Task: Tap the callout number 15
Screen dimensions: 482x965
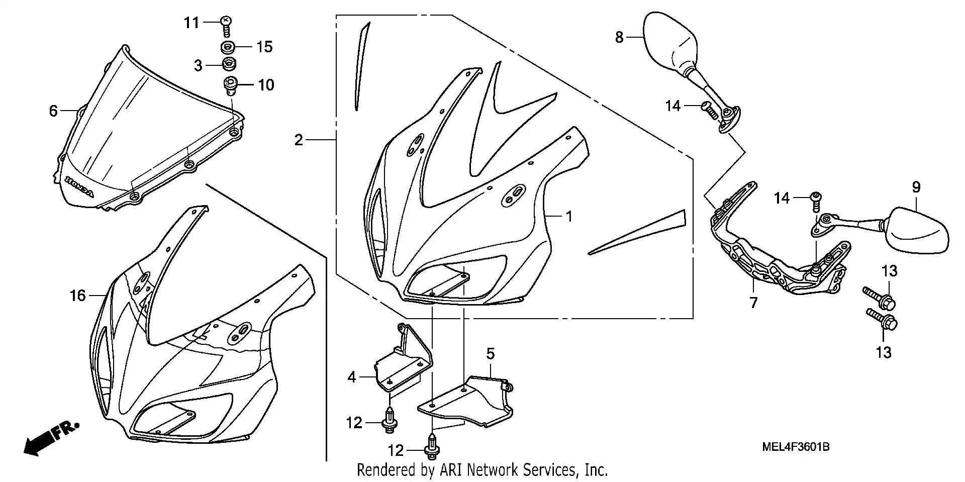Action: (x=264, y=47)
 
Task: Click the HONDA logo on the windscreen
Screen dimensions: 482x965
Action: (x=79, y=186)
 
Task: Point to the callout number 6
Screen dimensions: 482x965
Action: (x=53, y=111)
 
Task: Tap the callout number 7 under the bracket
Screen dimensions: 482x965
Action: (x=753, y=303)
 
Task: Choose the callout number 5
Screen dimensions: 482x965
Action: (x=490, y=353)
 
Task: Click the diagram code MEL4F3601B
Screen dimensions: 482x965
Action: (x=795, y=447)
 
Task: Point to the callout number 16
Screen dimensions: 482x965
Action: (x=77, y=296)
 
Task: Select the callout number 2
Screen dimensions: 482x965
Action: (x=299, y=140)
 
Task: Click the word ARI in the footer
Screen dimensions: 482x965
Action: (x=451, y=470)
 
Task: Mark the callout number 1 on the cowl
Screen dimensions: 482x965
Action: (x=569, y=216)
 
